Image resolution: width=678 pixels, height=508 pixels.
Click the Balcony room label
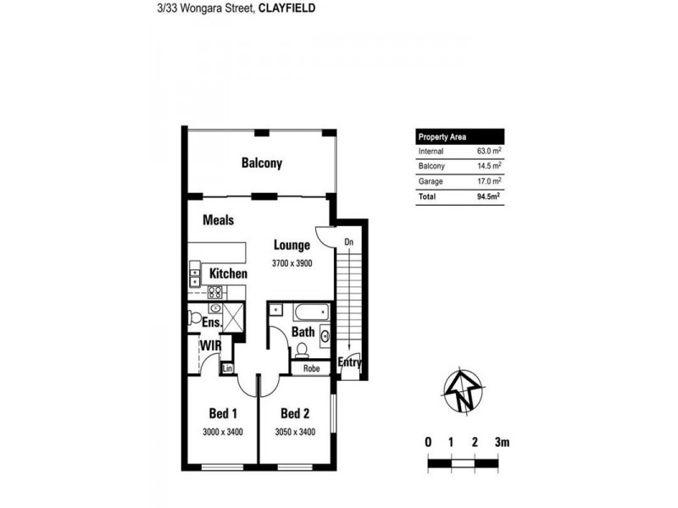[262, 163]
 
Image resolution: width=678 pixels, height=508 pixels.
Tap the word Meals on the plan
[219, 220]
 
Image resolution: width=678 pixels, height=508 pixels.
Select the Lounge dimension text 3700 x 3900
[292, 263]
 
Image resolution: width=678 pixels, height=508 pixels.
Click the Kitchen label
[228, 273]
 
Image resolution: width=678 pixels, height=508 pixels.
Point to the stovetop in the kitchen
[215, 292]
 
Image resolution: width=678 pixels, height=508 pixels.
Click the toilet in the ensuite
[194, 318]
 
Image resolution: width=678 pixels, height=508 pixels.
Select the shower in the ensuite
[233, 317]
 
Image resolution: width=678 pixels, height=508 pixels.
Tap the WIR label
[210, 345]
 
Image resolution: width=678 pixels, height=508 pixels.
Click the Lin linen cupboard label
[227, 368]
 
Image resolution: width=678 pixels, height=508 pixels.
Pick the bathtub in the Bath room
[311, 312]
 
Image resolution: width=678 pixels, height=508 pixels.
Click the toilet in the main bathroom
[302, 351]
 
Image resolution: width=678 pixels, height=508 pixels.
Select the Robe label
[311, 368]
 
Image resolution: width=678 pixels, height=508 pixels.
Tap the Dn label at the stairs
[349, 242]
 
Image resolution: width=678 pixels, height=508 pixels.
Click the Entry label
[349, 362]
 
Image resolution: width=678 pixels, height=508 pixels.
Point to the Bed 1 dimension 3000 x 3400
[223, 432]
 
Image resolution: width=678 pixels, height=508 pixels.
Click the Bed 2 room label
[295, 413]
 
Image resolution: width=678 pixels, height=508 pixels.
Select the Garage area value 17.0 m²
[489, 181]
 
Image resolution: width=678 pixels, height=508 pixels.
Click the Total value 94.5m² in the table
[489, 196]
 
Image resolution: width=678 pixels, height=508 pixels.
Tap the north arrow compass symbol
[463, 390]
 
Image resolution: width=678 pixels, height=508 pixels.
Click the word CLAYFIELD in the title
[286, 8]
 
